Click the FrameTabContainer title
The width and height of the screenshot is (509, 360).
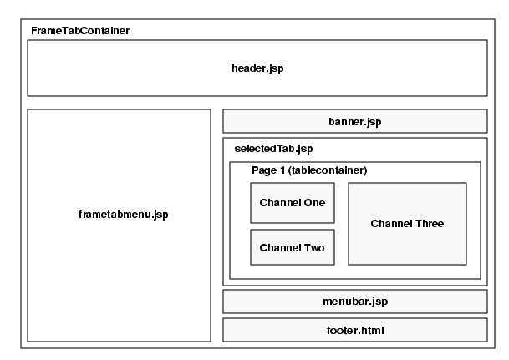tap(80, 31)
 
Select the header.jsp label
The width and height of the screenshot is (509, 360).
tap(257, 68)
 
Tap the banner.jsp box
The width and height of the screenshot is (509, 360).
tap(354, 121)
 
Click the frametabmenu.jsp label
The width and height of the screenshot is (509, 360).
tap(118, 215)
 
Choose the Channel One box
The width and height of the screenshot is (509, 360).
tap(293, 203)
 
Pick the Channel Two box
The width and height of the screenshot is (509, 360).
tap(293, 247)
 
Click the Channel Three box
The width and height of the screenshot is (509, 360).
tap(407, 223)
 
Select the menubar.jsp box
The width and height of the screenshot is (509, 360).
tap(354, 302)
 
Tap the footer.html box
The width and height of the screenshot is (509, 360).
tap(354, 330)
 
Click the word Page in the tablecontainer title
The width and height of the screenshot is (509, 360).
tap(263, 170)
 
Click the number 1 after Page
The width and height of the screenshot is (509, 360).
tap(282, 170)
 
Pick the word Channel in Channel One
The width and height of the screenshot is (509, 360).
tap(279, 203)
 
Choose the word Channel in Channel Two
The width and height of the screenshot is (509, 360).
tap(279, 248)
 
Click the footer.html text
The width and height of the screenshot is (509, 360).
tap(354, 330)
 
